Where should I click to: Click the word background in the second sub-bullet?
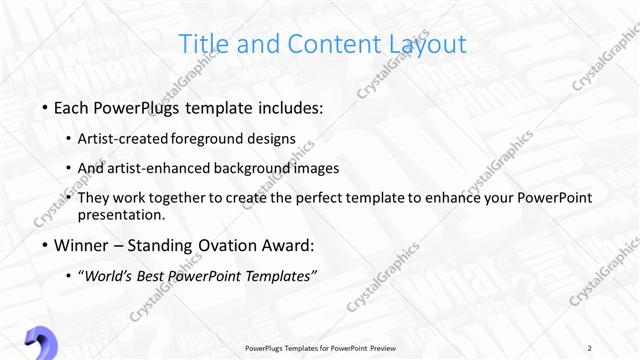[260, 168]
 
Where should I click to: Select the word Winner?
[83, 245]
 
